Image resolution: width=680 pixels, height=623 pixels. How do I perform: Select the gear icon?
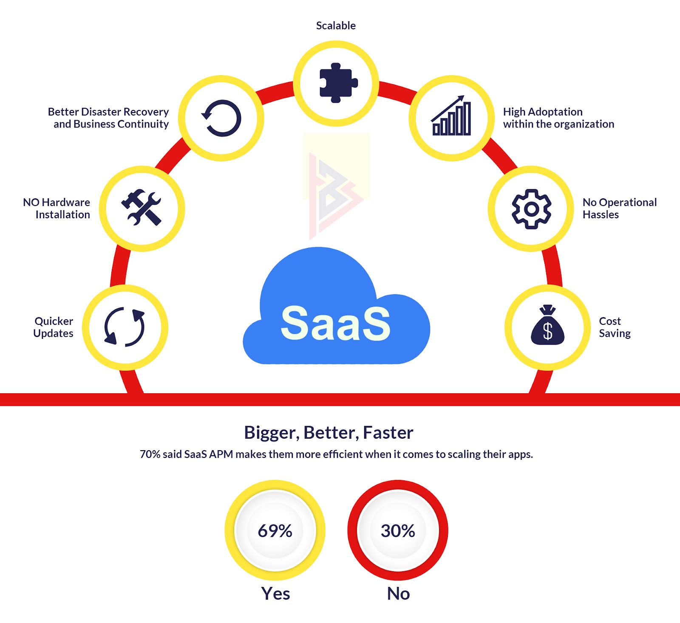(531, 209)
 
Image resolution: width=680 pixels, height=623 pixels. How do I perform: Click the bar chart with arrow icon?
(451, 117)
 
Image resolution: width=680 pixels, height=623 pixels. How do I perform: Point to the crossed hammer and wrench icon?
(142, 208)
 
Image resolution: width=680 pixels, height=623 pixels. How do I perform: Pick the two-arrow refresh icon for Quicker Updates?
(125, 327)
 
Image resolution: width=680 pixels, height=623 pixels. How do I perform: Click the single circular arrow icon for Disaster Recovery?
(221, 118)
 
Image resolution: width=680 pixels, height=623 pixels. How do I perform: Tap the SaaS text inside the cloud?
(335, 324)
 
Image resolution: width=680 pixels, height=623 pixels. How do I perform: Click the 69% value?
(275, 531)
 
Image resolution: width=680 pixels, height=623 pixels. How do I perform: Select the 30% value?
(398, 531)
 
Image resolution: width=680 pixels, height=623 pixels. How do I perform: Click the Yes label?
(275, 594)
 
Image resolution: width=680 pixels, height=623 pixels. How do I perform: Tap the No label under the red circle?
(398, 594)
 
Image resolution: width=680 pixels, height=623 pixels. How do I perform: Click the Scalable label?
(336, 26)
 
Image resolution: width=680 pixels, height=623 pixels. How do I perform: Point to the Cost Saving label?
(615, 327)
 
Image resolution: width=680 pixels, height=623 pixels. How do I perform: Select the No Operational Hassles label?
(619, 209)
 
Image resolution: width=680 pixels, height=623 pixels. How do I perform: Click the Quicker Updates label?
(54, 327)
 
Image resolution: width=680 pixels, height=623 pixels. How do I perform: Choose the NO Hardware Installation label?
(57, 209)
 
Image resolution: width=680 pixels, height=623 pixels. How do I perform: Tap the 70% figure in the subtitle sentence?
(150, 454)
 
